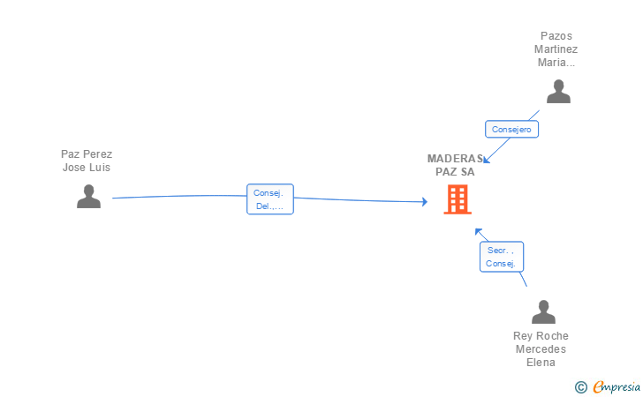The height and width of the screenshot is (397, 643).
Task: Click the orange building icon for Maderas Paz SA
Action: (x=457, y=199)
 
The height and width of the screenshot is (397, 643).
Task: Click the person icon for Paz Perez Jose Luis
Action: (x=88, y=196)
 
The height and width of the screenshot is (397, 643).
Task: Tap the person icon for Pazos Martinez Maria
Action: (x=558, y=91)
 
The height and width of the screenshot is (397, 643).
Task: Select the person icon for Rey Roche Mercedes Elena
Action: (x=543, y=311)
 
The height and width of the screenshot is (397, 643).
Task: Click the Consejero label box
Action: (x=511, y=129)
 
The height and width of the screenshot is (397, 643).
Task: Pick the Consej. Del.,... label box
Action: (x=269, y=199)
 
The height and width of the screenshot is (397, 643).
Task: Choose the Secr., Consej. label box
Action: (x=502, y=257)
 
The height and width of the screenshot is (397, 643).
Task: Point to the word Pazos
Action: (x=556, y=36)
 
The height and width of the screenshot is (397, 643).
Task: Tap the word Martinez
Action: (x=556, y=49)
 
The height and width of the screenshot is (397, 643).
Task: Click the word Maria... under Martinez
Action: (x=556, y=63)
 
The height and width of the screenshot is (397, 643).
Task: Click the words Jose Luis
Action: (x=87, y=168)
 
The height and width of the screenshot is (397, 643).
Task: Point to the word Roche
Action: (x=552, y=336)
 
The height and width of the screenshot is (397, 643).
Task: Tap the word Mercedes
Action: (x=541, y=349)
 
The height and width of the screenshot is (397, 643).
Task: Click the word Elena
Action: (x=541, y=363)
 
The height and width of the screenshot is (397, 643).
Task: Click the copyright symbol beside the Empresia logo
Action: (x=580, y=386)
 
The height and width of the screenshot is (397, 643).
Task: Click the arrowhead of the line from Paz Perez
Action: (x=425, y=202)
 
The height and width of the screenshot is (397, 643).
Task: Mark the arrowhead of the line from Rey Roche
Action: (x=478, y=231)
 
